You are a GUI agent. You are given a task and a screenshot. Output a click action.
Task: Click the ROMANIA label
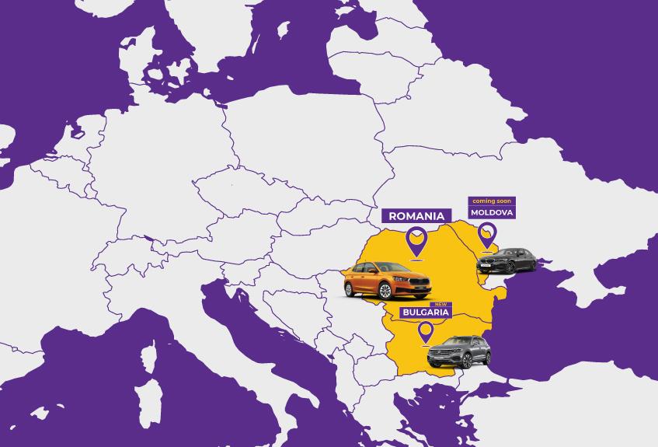click(416, 216)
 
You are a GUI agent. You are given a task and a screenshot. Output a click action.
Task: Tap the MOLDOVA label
click(492, 212)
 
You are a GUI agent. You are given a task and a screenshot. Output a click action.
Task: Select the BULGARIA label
click(425, 312)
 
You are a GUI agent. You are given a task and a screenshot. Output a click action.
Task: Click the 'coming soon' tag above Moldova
click(492, 201)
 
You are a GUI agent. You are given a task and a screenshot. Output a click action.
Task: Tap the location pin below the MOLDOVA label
click(487, 234)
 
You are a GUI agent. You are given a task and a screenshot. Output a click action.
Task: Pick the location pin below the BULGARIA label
click(425, 332)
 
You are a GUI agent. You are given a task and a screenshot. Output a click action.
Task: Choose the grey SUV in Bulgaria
click(458, 351)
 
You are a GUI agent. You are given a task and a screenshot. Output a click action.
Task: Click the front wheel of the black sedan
click(508, 268)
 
